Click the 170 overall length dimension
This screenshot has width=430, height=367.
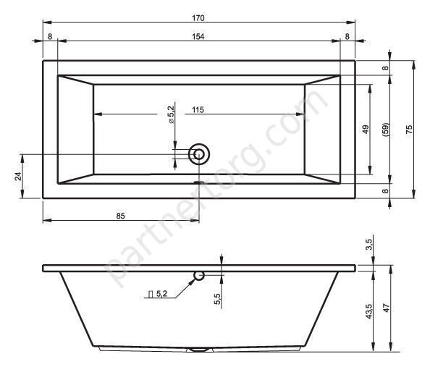pos(198,18)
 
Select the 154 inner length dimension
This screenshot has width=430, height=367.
pos(198,36)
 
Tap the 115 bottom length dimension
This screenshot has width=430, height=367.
pos(198,110)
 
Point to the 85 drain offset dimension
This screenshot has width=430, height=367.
pos(120,216)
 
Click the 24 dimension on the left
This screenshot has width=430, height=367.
pos(18,176)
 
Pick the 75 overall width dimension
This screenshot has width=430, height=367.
pos(409,129)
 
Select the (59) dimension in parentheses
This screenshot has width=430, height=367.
pos(386,130)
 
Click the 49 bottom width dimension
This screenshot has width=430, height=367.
pos(366,129)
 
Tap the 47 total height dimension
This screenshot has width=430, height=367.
pos(387,308)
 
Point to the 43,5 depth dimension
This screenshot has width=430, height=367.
pos(369,311)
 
